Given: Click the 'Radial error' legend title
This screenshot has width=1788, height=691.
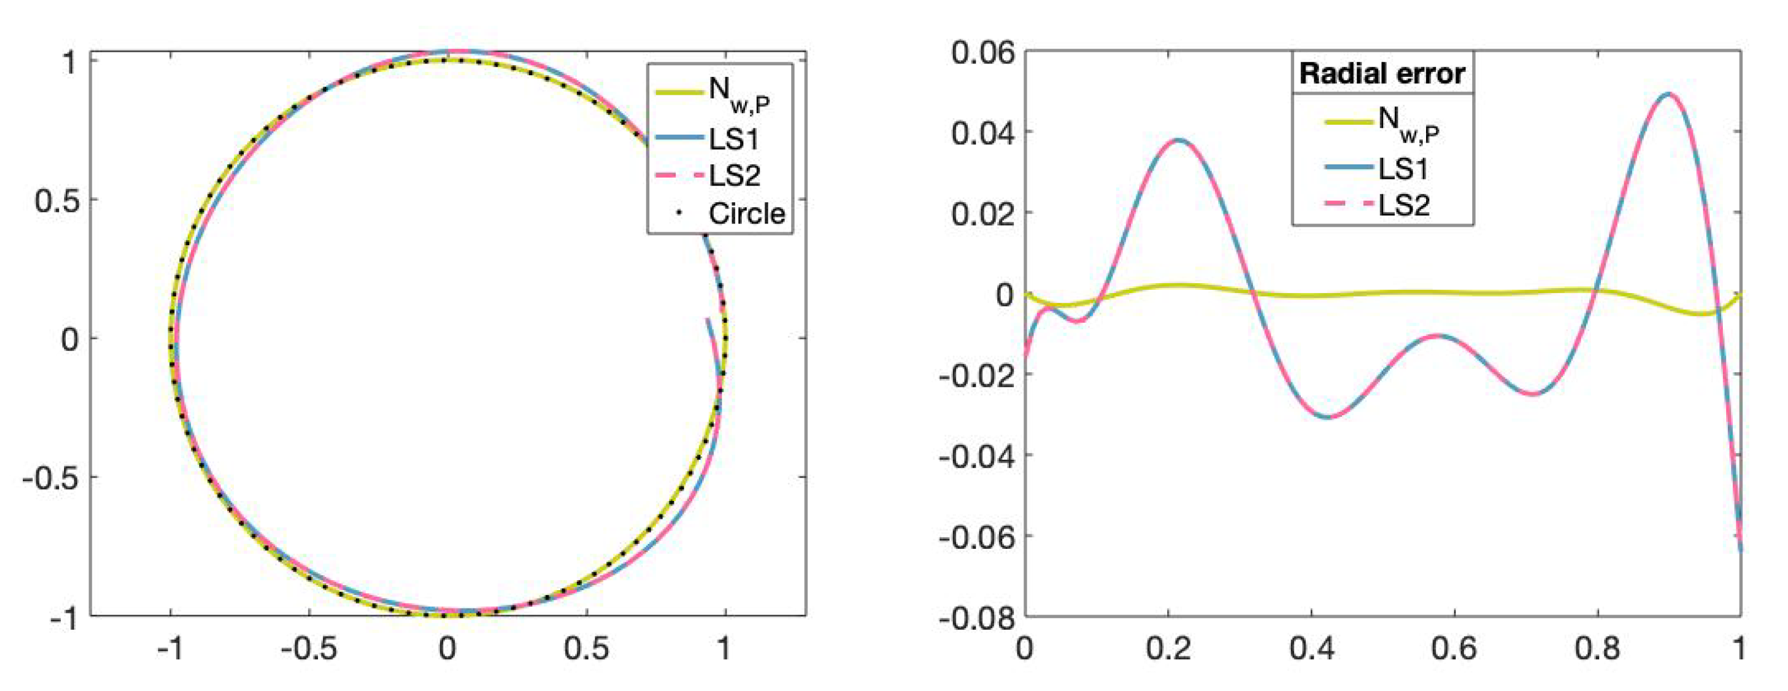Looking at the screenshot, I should [x=1382, y=73].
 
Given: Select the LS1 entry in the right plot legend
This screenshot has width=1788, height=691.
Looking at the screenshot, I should [x=1402, y=169].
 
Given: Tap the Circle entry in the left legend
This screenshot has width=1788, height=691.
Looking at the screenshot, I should [x=746, y=214].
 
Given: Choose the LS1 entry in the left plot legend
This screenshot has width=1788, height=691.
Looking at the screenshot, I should [x=734, y=139].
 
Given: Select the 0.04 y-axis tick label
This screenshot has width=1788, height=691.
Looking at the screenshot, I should [x=982, y=133].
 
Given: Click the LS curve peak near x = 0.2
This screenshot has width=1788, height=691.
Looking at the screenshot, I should [x=1178, y=140].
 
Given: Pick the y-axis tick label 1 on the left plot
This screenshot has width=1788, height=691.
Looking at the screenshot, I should [x=70, y=63].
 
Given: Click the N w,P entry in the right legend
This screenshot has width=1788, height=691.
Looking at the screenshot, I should [x=1408, y=125].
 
